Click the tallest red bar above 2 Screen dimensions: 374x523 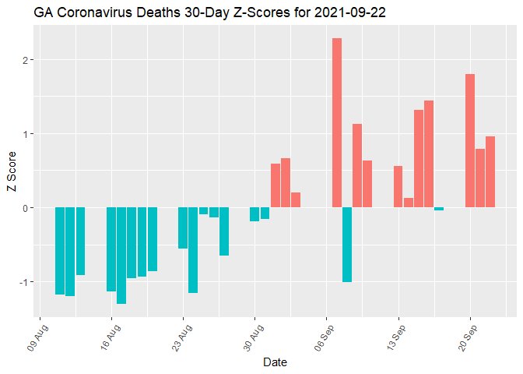337,122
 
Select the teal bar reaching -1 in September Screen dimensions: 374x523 347,244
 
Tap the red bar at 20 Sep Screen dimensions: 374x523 470,140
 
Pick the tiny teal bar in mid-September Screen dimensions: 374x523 439,209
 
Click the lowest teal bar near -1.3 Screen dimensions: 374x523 121,255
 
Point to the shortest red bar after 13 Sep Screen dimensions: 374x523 409,203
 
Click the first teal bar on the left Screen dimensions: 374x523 60,250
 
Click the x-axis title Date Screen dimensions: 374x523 275,362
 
